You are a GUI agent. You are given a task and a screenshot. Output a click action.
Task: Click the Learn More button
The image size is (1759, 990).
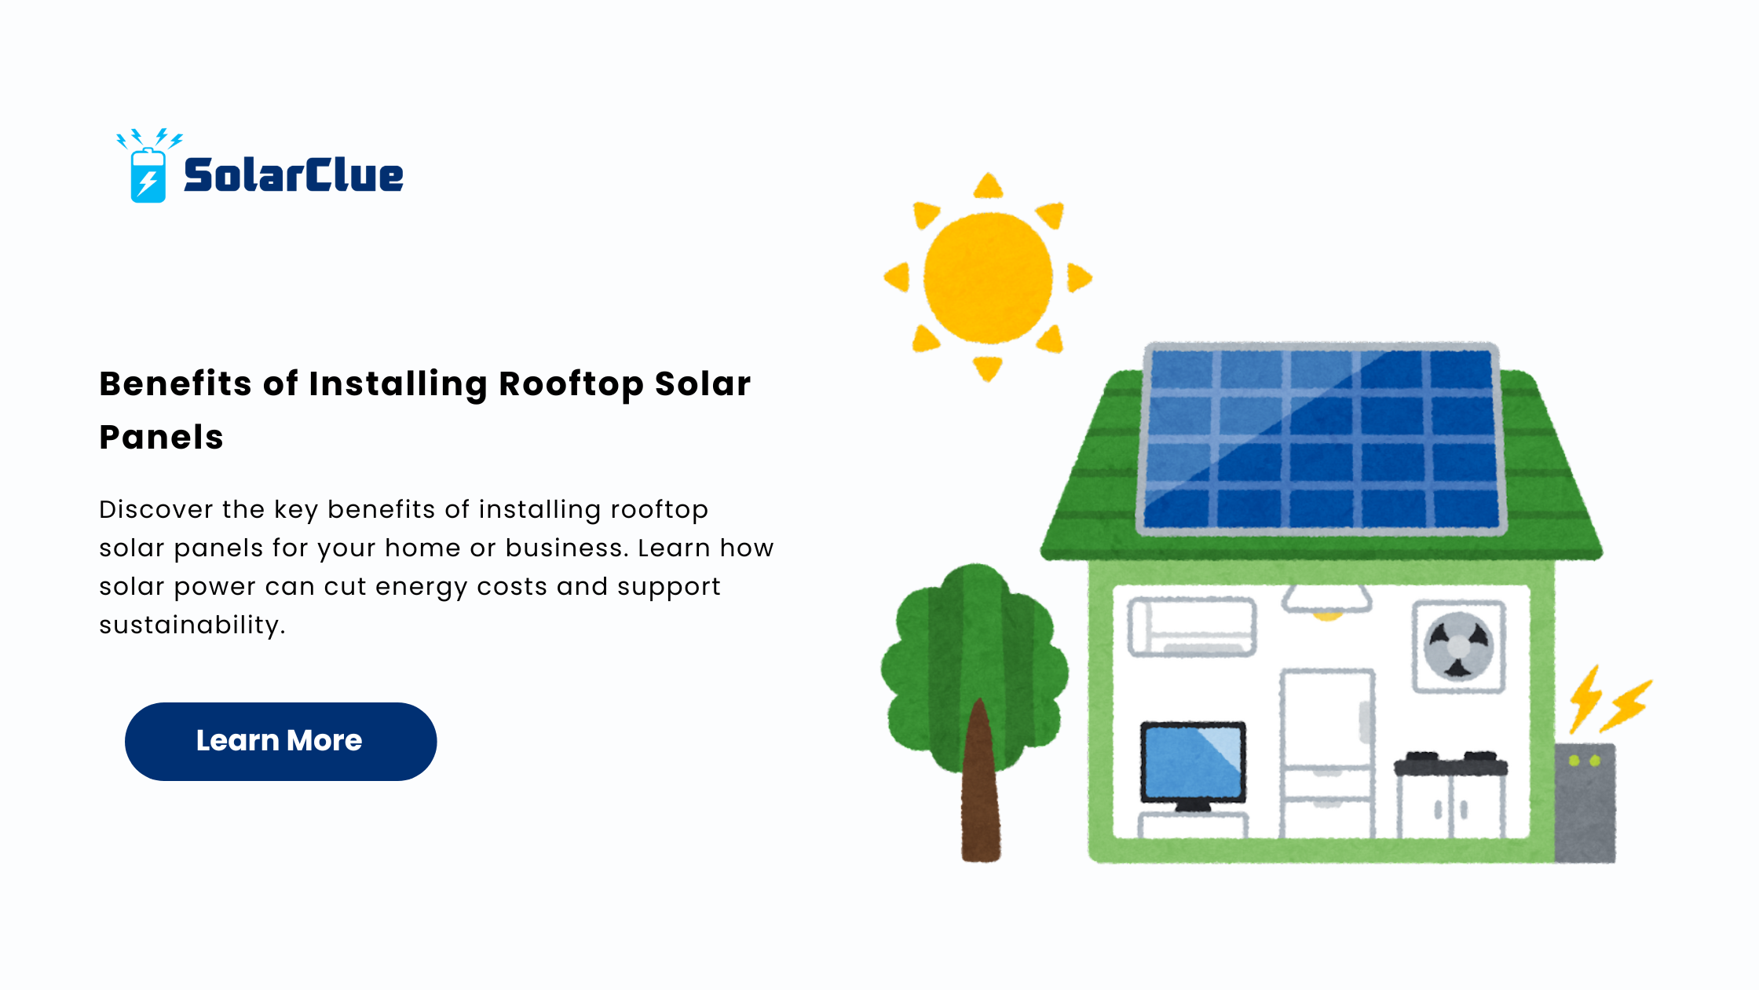(x=280, y=741)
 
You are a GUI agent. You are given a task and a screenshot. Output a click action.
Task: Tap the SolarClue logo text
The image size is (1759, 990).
(x=294, y=175)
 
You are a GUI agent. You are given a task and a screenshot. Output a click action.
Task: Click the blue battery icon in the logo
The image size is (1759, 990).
(x=148, y=174)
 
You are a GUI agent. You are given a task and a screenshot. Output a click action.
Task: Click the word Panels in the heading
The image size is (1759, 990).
(x=162, y=437)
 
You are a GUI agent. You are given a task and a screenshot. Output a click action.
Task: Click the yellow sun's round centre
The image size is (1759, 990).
(x=988, y=277)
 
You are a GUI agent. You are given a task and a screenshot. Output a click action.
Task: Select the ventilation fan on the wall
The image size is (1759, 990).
(x=1458, y=646)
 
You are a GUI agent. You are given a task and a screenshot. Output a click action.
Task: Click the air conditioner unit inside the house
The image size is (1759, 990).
(x=1192, y=626)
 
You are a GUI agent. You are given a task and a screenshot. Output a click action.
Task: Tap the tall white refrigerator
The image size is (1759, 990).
(x=1327, y=753)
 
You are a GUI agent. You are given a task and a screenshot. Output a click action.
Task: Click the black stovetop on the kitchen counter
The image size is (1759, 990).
(x=1451, y=763)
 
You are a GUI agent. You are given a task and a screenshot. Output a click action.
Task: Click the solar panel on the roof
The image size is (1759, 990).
(x=1320, y=438)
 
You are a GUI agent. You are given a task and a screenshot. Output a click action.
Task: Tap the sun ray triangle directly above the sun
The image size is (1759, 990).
(x=988, y=185)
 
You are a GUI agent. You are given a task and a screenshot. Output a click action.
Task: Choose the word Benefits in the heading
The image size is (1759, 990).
(x=176, y=384)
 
